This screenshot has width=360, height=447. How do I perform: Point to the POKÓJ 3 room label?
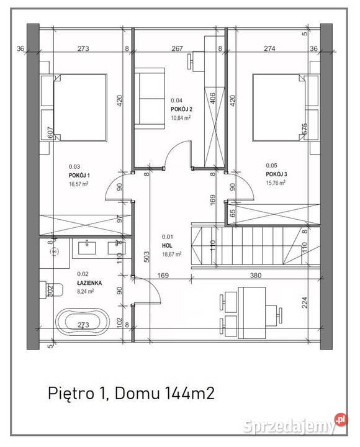point(276,174)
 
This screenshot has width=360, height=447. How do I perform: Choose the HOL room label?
point(167,245)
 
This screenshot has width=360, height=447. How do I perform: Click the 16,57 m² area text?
point(79,184)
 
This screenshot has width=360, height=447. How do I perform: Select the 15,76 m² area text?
point(276,183)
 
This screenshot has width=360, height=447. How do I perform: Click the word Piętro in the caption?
point(69,393)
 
